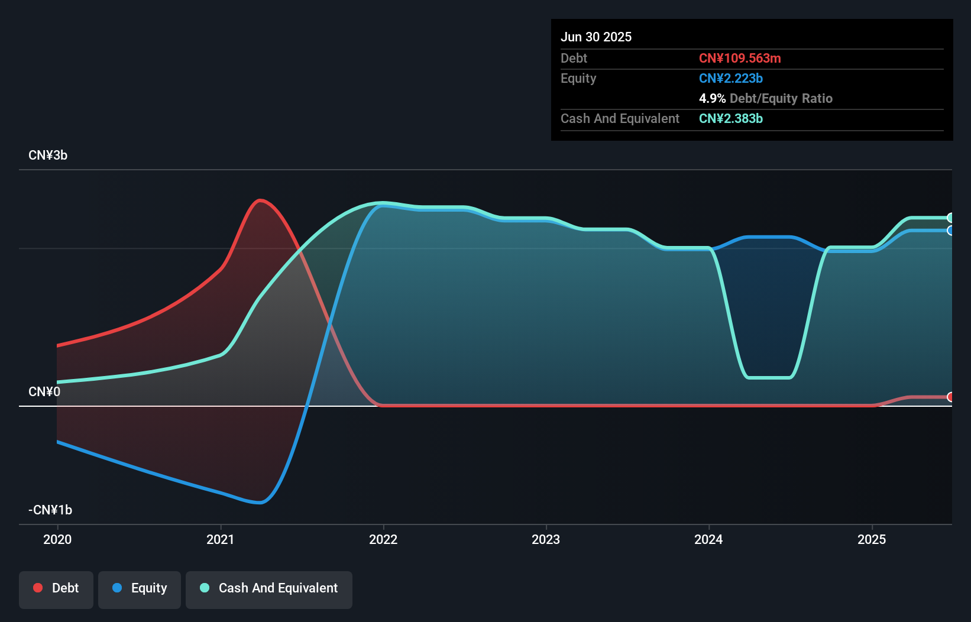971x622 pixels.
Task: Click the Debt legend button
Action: pos(56,588)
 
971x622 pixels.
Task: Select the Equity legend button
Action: pos(140,588)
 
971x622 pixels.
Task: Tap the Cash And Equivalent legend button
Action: pos(269,588)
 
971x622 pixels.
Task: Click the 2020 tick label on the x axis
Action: pos(57,539)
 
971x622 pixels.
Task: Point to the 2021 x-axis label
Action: pos(221,539)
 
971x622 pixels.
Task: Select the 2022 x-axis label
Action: pos(383,539)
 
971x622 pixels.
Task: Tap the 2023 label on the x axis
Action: pos(546,539)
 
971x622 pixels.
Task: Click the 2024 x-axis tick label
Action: pos(708,539)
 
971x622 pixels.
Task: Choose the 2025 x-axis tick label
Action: pos(872,539)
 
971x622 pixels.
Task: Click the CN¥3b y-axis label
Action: pos(48,155)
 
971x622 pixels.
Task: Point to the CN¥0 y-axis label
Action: pos(44,392)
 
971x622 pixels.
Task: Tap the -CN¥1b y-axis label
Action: pos(50,510)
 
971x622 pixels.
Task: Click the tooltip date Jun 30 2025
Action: pos(596,37)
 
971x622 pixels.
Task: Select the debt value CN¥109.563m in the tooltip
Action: pos(740,59)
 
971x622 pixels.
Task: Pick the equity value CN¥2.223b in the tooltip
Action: pos(731,79)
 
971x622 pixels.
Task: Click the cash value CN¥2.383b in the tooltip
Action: pos(731,119)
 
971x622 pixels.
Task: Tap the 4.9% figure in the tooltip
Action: pos(712,99)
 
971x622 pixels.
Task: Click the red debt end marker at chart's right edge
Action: pos(950,397)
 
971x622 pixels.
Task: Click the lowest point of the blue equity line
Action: pos(259,503)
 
